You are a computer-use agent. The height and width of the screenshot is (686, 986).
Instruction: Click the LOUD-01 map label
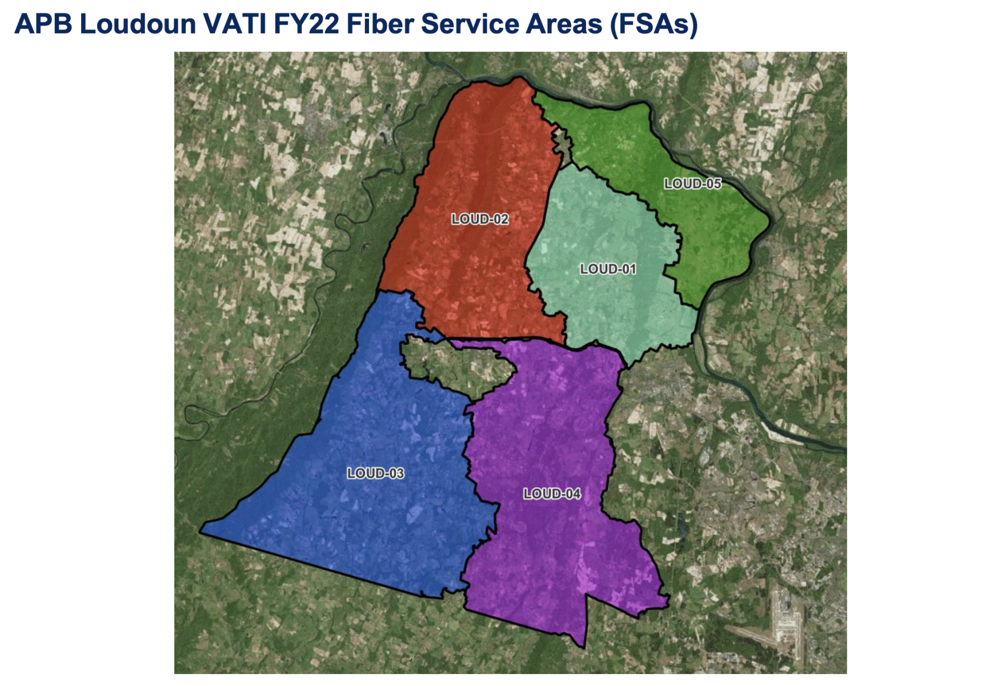pyautogui.click(x=608, y=269)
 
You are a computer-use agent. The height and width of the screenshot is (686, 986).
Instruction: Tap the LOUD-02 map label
pyautogui.click(x=480, y=219)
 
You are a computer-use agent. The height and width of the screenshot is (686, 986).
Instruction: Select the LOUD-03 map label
pyautogui.click(x=375, y=474)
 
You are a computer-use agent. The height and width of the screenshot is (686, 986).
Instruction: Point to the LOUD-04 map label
pyautogui.click(x=552, y=494)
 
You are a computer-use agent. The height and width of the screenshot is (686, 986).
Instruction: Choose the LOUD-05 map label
pyautogui.click(x=692, y=184)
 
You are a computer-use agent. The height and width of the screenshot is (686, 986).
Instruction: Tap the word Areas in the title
pyautogui.click(x=564, y=24)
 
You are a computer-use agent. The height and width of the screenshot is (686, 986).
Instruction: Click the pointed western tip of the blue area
pyautogui.click(x=202, y=532)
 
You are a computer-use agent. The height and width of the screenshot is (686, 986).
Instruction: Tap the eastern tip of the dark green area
pyautogui.click(x=769, y=220)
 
